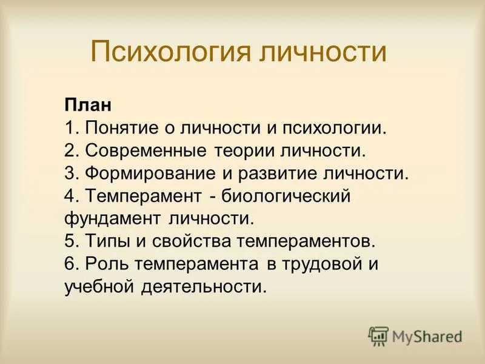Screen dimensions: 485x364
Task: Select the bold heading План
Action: pos(88,105)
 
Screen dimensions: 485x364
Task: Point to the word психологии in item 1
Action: pos(334,128)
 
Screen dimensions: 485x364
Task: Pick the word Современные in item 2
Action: pos(145,150)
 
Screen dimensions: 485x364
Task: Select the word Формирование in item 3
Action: pos(150,174)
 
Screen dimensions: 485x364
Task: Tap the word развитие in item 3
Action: pos(278,174)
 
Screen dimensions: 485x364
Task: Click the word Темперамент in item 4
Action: pos(143,196)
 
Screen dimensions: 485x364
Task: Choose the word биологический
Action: pos(286,196)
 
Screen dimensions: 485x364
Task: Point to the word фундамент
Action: pos(113,218)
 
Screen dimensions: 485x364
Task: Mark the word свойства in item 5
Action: pos(192,241)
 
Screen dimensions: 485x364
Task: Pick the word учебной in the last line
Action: pos(99,286)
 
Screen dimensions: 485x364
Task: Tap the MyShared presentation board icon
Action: pos(378,335)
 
